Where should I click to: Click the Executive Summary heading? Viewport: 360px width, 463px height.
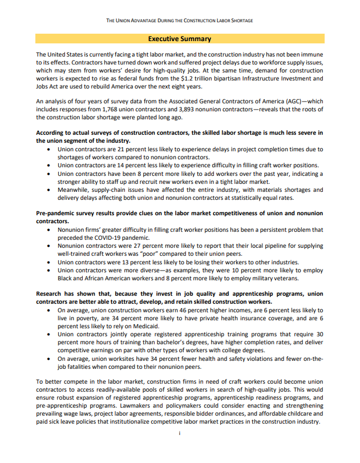(x=180, y=39)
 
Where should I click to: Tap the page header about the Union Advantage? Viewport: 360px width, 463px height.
(x=180, y=20)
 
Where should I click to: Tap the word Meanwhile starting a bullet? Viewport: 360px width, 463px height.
(x=75, y=190)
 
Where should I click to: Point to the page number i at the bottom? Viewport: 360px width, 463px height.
(x=180, y=433)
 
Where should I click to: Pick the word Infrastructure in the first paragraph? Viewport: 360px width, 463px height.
(x=271, y=78)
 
